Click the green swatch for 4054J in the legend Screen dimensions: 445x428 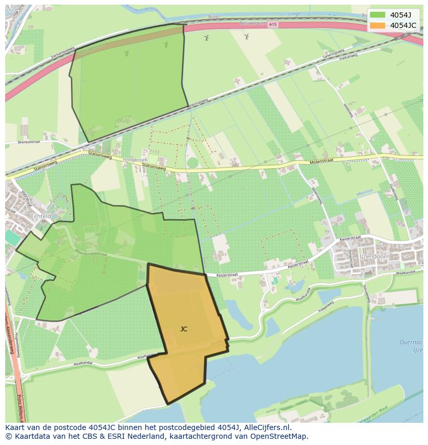[x=377, y=14]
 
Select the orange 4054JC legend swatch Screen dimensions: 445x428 [x=377, y=25]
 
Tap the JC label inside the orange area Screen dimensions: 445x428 [x=184, y=329]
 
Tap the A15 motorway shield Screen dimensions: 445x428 [x=272, y=24]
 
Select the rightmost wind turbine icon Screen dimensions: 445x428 [x=247, y=36]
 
